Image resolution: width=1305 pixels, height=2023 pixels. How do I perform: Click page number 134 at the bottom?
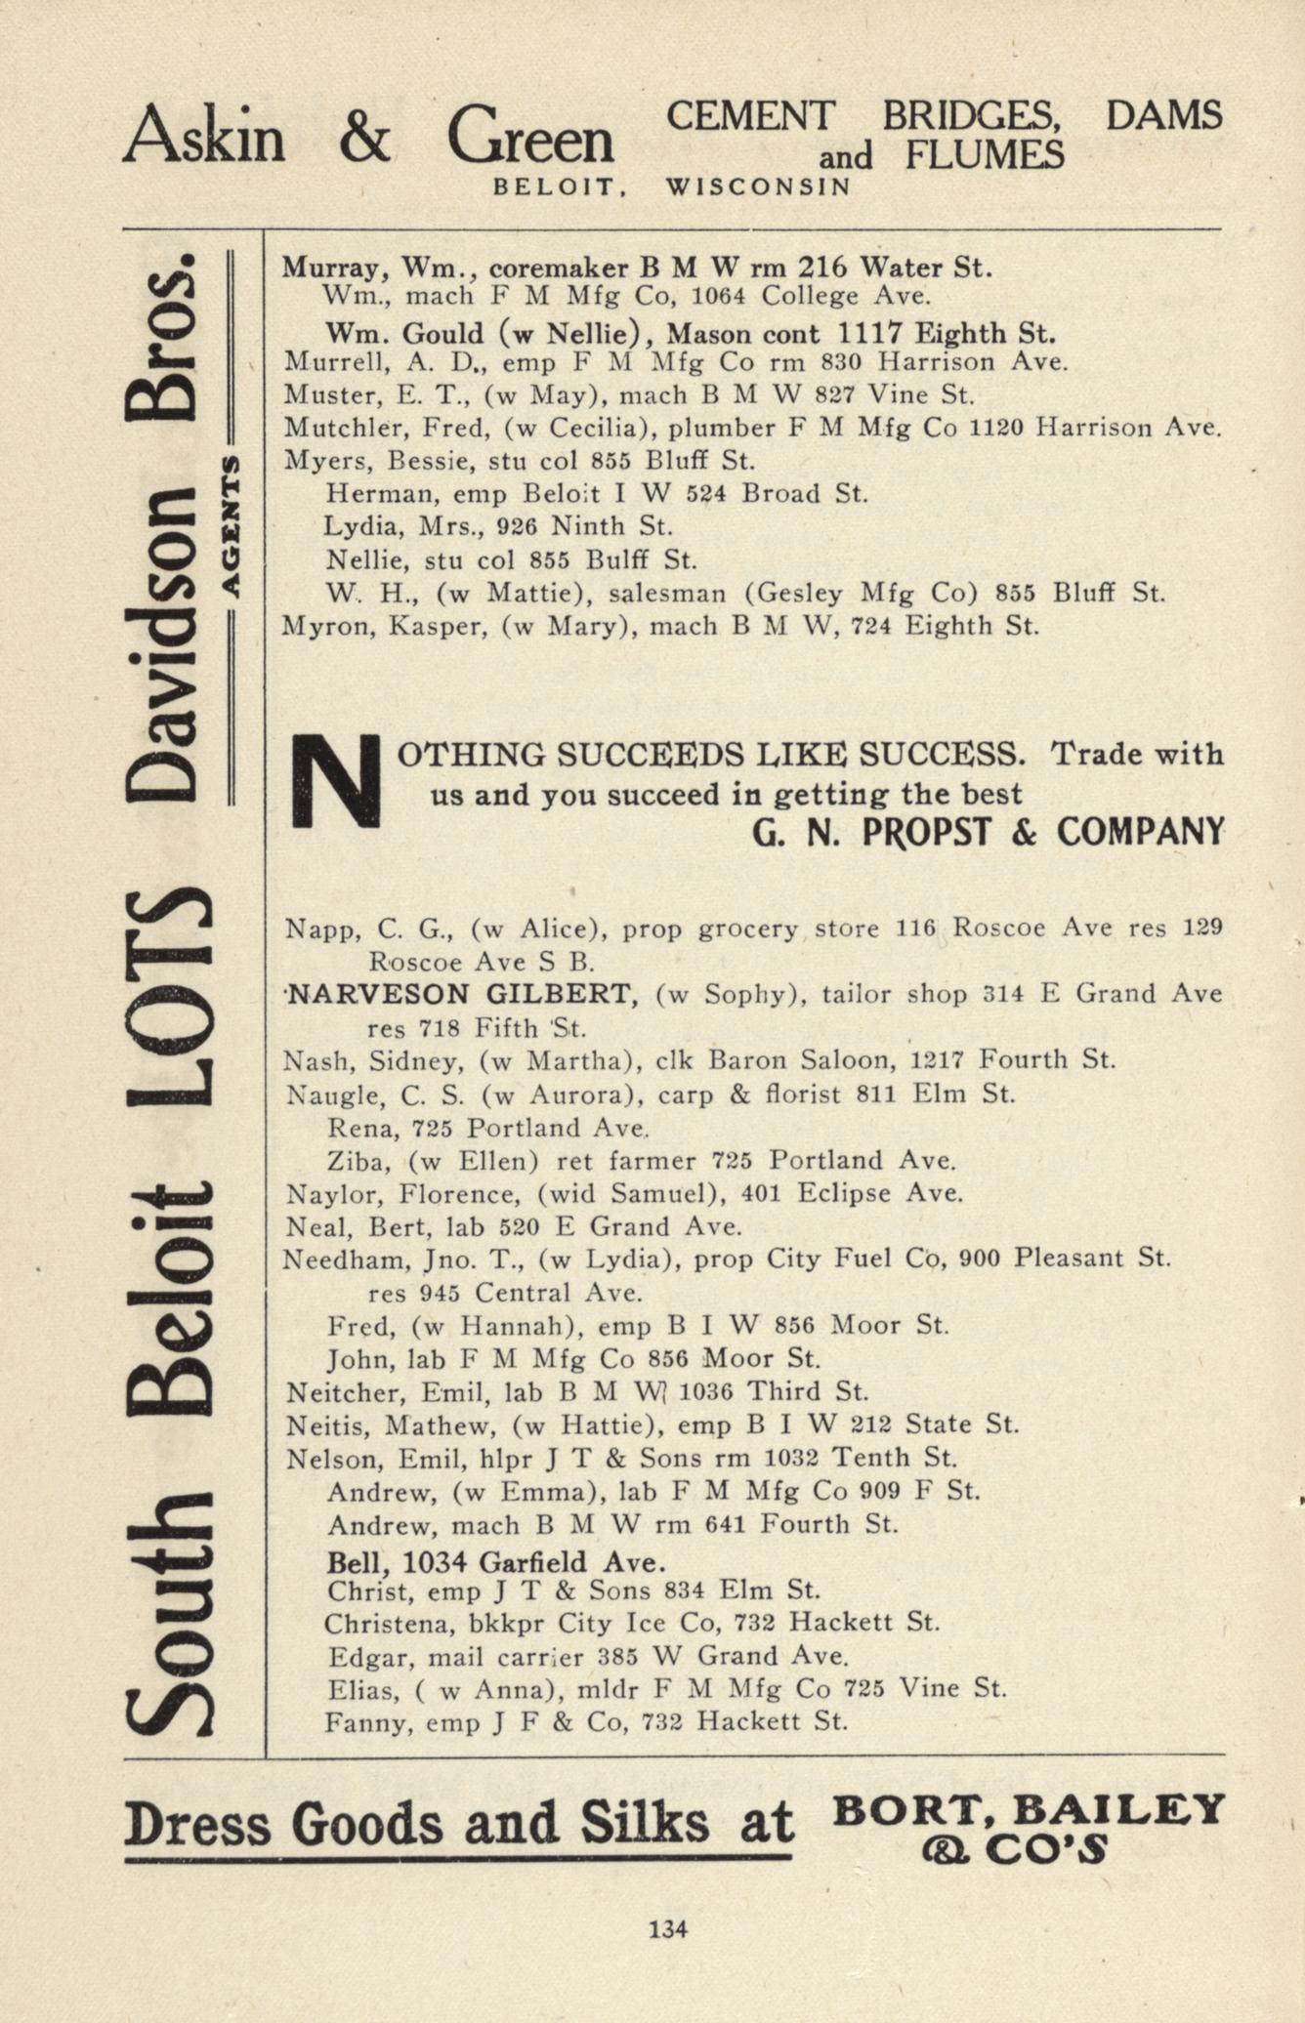point(668,1928)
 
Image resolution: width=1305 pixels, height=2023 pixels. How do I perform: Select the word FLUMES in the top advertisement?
point(984,154)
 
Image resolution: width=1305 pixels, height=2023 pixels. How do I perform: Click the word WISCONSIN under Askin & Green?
point(758,186)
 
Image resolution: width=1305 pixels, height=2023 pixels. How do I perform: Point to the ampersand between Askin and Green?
point(364,138)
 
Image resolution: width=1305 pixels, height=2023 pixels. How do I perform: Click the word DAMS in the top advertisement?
point(1162,116)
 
